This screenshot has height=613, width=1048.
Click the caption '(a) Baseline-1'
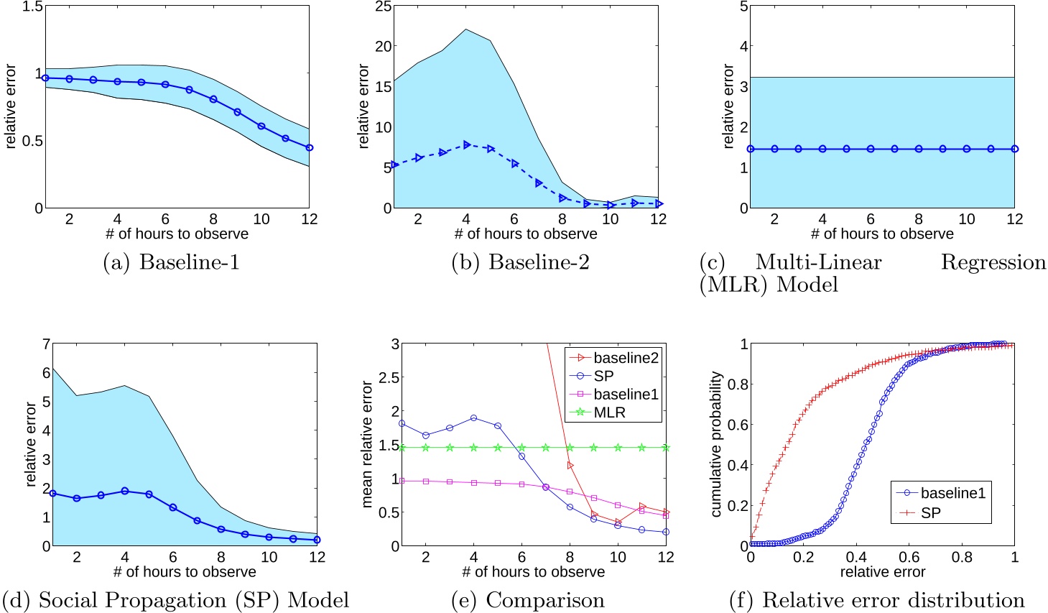pyautogui.click(x=171, y=263)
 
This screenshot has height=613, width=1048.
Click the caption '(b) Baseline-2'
pyautogui.click(x=520, y=263)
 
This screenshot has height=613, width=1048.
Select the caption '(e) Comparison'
pyautogui.click(x=527, y=600)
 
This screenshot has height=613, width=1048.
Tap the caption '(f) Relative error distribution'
pyautogui.click(x=876, y=600)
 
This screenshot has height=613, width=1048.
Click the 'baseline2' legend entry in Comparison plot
pyautogui.click(x=625, y=357)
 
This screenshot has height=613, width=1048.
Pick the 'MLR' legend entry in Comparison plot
pyautogui.click(x=609, y=412)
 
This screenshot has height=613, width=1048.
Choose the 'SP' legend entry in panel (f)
pyautogui.click(x=930, y=512)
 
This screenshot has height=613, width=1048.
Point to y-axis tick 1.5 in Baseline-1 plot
pyautogui.click(x=33, y=7)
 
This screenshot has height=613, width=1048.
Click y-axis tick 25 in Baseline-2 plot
pyautogui.click(x=384, y=7)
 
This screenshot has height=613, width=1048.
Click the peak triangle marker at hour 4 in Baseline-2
pyautogui.click(x=466, y=144)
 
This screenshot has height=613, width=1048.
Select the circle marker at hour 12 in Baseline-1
pyautogui.click(x=309, y=147)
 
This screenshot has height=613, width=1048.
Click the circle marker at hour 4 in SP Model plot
pyautogui.click(x=125, y=491)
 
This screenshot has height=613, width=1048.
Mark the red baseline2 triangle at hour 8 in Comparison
pyautogui.click(x=570, y=466)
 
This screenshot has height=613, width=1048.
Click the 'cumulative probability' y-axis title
pyautogui.click(x=715, y=444)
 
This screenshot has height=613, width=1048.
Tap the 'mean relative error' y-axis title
pyautogui.click(x=367, y=445)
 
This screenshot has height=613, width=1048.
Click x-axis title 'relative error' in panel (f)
pyautogui.click(x=882, y=572)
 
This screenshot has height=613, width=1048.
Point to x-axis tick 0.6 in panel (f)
pyautogui.click(x=909, y=557)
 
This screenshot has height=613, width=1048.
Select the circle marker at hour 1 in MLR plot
pyautogui.click(x=750, y=149)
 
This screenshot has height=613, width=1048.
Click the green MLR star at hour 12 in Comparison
pyautogui.click(x=666, y=448)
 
